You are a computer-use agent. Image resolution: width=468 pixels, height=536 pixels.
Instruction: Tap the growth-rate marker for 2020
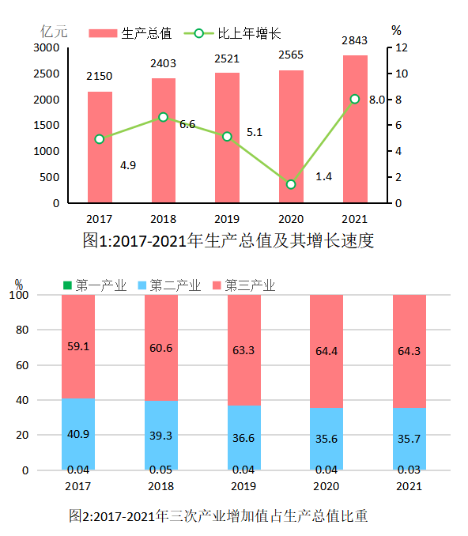tap(291, 184)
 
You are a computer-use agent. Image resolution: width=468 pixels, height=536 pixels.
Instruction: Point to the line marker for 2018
tap(163, 117)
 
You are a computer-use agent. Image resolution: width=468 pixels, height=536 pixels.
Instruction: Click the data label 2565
tap(290, 55)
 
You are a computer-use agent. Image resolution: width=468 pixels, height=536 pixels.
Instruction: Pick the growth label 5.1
tap(255, 132)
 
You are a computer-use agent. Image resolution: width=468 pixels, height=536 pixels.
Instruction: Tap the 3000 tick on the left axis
tap(47, 47)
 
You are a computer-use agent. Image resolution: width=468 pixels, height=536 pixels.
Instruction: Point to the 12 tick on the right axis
tap(402, 47)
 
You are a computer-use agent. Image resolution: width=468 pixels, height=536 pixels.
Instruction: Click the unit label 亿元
tap(55, 32)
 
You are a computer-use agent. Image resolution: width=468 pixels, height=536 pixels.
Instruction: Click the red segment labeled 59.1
tap(78, 345)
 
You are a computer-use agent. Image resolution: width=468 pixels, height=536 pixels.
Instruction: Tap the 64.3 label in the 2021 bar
tap(409, 350)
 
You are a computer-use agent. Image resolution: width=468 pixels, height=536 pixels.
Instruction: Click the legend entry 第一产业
tap(95, 285)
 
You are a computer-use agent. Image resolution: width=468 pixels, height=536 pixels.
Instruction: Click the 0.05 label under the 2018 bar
tap(160, 470)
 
